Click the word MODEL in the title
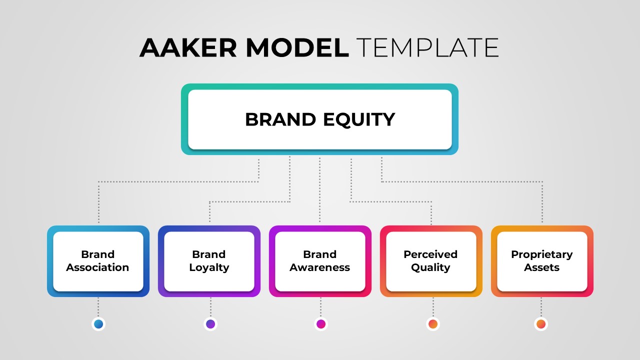[x=297, y=48]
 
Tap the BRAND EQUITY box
[x=319, y=119]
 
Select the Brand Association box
[x=98, y=261]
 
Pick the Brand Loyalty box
[x=209, y=261]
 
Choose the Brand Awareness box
[x=320, y=261]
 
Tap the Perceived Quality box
[x=431, y=261]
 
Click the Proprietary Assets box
[x=542, y=261]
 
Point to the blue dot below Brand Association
[x=98, y=324]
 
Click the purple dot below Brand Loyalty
[x=210, y=324]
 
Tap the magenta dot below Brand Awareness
[x=321, y=324]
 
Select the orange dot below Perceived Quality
[x=433, y=324]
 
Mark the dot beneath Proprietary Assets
[x=540, y=324]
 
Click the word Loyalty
[x=209, y=267]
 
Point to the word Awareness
[x=320, y=267]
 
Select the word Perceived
[x=430, y=254]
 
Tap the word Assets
[x=541, y=267]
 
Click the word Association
[x=98, y=267]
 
